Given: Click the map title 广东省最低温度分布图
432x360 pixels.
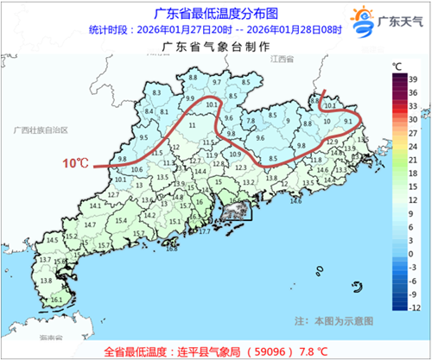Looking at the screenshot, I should (x=215, y=13).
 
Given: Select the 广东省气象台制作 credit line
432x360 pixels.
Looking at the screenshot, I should (x=216, y=48).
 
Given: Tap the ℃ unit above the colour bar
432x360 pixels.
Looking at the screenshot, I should (x=396, y=66).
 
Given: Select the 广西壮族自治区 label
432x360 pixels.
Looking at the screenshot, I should (x=40, y=129).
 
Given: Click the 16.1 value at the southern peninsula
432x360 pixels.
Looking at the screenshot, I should (x=57, y=300).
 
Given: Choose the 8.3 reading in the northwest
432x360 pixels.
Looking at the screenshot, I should (x=156, y=92).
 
